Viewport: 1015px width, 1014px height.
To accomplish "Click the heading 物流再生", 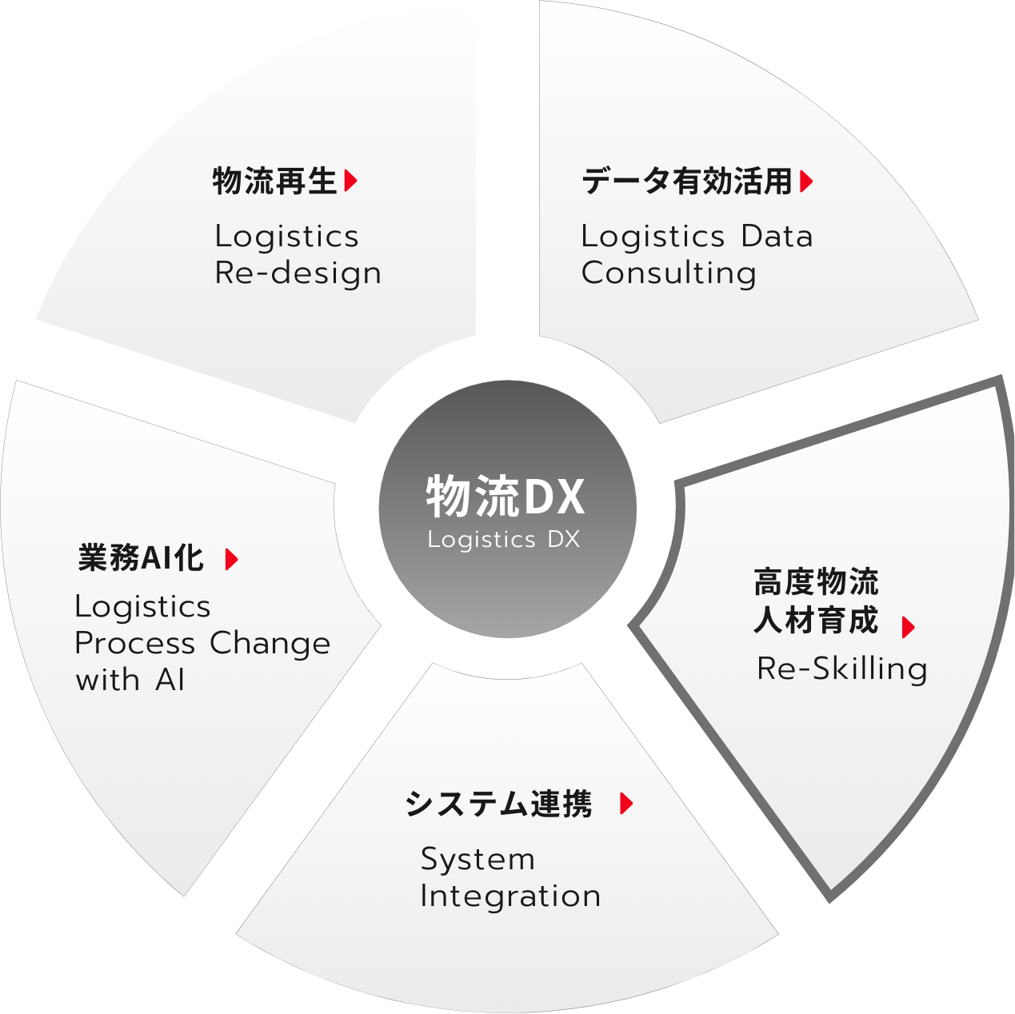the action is point(274,181).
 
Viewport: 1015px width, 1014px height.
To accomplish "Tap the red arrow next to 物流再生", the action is point(351,181).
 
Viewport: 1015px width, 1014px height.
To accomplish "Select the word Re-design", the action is point(298,274).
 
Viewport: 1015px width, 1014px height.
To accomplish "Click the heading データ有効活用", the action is point(687,182).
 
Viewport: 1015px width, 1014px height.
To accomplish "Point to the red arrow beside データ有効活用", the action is point(806,182).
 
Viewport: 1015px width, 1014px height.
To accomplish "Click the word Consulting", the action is point(669,274).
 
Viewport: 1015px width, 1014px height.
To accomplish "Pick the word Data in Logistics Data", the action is point(777,236).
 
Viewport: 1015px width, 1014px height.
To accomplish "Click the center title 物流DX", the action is point(506,496).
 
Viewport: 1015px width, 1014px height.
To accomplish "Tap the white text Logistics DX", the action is point(504,540).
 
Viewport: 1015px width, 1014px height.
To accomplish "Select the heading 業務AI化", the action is point(141,558).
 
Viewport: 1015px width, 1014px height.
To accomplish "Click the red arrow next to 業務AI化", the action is point(232,560).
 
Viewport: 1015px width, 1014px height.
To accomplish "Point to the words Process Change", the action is point(203,644).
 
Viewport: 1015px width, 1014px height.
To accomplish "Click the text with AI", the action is point(130,680).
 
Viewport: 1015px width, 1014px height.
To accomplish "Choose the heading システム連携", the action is point(498,804).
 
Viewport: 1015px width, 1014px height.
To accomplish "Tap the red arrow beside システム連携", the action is point(626,804).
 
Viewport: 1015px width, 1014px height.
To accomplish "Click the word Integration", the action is point(510,896).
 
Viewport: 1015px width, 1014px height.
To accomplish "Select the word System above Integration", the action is point(478,860).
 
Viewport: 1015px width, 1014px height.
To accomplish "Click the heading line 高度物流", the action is point(816,582).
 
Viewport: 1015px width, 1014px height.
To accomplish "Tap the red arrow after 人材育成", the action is point(908,628).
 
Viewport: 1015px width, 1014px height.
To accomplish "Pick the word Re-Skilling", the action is point(842,670).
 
